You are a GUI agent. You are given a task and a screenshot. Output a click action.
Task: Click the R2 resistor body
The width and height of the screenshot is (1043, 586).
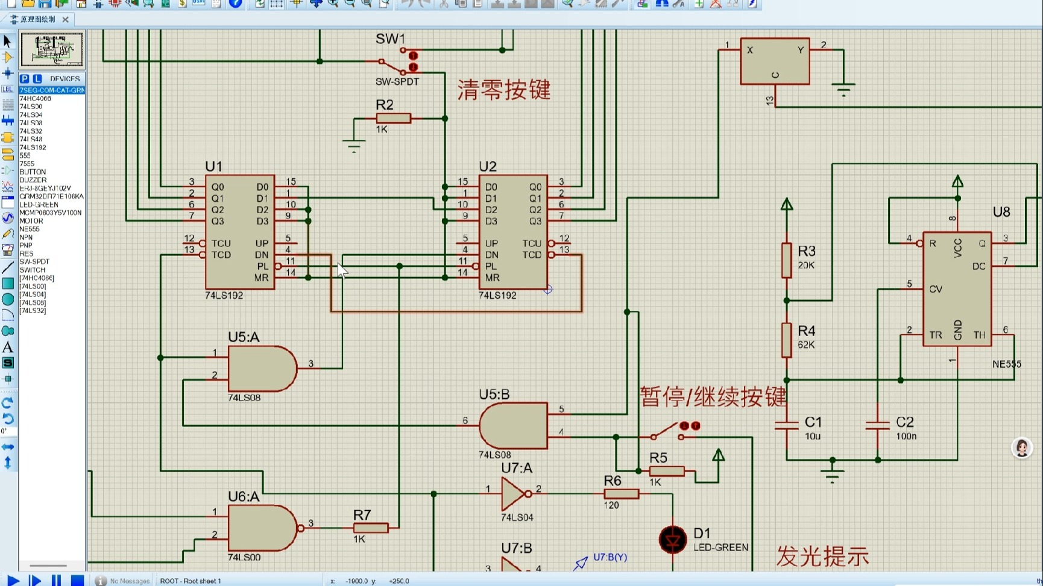point(393,119)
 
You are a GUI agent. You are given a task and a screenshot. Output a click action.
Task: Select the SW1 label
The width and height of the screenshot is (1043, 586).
point(390,39)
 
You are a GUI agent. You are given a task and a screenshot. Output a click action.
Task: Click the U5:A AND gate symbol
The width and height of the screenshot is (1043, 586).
point(261,369)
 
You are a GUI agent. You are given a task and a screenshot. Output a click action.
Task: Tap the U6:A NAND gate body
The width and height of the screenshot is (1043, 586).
point(262,528)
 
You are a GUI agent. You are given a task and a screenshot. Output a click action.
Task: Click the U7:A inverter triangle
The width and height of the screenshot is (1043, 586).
point(514,494)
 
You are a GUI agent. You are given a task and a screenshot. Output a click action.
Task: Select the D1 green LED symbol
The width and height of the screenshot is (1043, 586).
point(673,540)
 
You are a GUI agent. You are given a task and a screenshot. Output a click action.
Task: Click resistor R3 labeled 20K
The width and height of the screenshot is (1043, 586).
point(786,260)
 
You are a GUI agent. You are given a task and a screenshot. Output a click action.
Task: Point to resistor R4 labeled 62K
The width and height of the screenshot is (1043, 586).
point(786,340)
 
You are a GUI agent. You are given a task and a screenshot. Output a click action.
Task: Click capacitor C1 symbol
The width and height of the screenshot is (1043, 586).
point(786,426)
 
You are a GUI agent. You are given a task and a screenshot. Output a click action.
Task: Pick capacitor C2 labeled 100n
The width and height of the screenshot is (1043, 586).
point(877,426)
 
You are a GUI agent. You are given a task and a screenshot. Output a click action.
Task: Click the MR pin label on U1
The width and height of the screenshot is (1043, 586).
point(261,278)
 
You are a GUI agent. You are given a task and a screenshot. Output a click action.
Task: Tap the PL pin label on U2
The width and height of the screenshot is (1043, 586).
point(491,266)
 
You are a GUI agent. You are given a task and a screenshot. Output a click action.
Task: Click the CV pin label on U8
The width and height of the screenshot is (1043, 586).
point(935,289)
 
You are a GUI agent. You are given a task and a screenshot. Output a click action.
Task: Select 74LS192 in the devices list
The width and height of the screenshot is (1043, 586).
point(33,147)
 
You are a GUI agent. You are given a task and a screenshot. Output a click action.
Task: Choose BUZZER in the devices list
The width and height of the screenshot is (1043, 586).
point(33,179)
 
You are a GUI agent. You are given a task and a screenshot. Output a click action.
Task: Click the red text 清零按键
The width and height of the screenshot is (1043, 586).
point(504,90)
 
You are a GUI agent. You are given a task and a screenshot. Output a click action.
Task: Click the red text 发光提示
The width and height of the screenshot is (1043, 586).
point(822,556)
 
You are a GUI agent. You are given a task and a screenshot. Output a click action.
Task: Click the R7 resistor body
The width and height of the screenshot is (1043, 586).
point(370,528)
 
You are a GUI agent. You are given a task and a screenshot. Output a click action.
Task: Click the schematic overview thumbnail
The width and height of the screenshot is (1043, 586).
point(52,49)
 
